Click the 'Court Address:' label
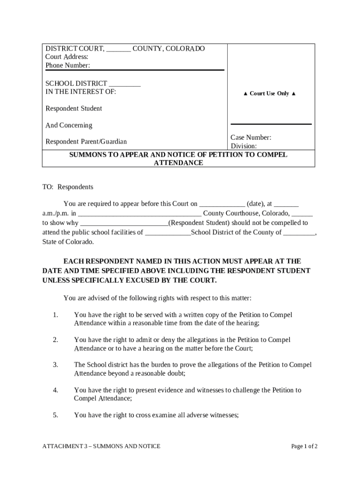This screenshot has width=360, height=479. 67,57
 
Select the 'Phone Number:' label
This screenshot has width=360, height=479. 68,65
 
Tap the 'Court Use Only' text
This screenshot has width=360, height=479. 269,94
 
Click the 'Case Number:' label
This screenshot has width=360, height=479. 251,138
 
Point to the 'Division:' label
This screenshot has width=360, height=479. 244,146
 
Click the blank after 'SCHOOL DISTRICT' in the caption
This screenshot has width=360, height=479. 125,84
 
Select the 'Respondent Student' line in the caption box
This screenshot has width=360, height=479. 73,109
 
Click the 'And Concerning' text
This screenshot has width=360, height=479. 69,125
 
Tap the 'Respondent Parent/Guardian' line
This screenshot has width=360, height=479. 86,142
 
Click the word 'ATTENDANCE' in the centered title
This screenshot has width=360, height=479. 179,163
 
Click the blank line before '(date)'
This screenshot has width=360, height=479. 222,204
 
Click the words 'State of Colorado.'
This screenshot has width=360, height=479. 68,242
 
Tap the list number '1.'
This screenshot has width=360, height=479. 55,315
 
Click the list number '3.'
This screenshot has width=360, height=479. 55,365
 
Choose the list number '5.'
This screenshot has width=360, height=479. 55,414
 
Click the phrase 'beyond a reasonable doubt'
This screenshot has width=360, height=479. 149,373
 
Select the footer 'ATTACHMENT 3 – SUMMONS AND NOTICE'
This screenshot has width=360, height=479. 101,446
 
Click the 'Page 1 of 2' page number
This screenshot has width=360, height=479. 304,446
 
